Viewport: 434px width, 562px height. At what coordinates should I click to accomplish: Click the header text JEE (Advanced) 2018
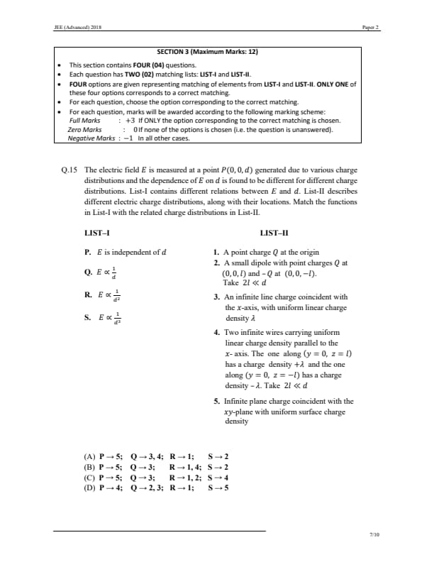(x=69, y=28)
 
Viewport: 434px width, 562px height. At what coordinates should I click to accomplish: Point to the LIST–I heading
(x=96, y=233)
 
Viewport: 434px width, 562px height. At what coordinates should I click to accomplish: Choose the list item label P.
(x=87, y=251)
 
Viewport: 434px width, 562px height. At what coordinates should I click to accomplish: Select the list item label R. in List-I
(x=87, y=297)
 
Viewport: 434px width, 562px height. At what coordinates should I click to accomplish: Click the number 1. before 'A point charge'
(x=216, y=252)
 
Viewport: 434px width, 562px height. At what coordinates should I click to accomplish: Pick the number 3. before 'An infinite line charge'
(x=216, y=297)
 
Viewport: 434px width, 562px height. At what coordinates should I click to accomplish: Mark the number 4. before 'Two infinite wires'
(x=216, y=333)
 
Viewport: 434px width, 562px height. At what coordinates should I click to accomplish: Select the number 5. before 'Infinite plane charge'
(x=216, y=402)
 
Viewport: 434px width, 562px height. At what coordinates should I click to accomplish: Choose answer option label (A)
(x=90, y=456)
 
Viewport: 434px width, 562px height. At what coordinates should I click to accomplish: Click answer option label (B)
(x=90, y=467)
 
